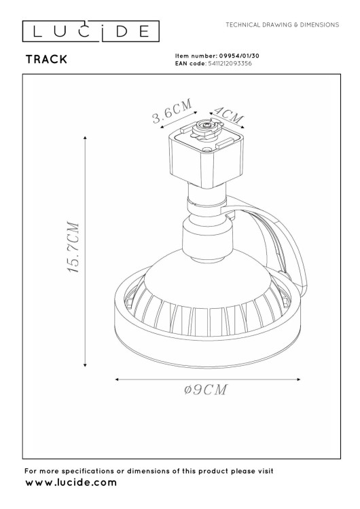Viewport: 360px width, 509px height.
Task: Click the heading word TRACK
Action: [46, 60]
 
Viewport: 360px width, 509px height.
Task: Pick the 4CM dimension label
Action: [228, 113]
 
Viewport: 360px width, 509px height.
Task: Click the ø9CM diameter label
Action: [205, 390]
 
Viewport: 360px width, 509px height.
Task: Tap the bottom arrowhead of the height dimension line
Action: [85, 365]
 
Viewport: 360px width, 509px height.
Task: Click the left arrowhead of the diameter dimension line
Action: [120, 379]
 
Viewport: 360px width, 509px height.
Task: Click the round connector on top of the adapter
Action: [206, 128]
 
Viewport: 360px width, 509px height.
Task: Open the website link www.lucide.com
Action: [71, 483]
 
